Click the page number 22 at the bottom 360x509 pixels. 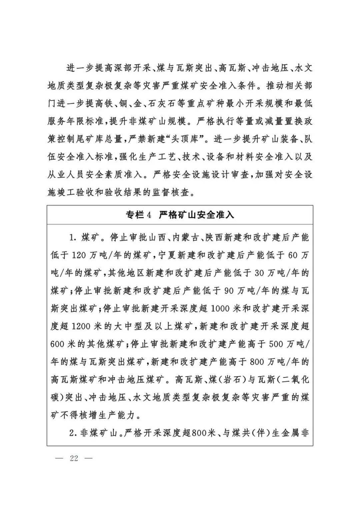pos(74,458)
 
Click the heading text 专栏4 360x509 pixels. pos(139,215)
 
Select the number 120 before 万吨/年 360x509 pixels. pos(79,255)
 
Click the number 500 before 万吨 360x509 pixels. pos(276,344)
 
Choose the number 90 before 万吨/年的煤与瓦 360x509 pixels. pos(229,291)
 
